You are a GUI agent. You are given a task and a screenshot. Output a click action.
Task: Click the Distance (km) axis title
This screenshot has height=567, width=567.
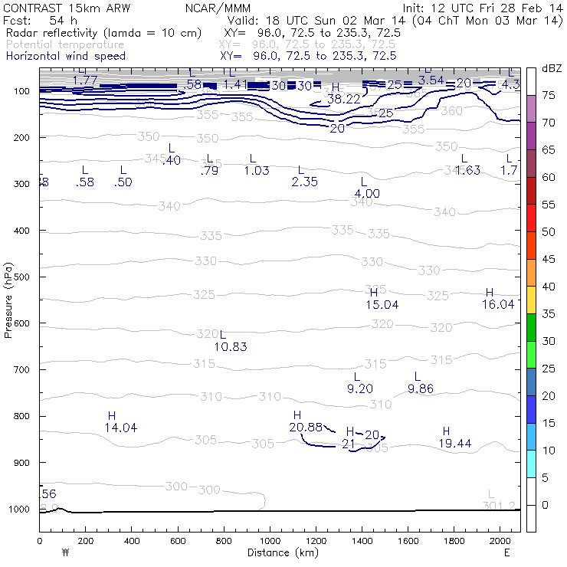pyautogui.click(x=279, y=552)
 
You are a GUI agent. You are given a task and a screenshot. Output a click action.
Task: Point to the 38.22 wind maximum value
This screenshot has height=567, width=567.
pyautogui.click(x=343, y=99)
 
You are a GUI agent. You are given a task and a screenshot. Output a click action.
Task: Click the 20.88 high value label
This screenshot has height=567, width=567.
pyautogui.click(x=306, y=427)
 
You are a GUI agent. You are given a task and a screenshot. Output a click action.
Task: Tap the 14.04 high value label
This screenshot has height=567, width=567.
pyautogui.click(x=120, y=428)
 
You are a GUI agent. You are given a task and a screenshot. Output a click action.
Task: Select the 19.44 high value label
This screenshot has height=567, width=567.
pyautogui.click(x=454, y=444)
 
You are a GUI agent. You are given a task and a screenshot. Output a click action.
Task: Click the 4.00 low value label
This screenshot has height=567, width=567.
pyautogui.click(x=367, y=194)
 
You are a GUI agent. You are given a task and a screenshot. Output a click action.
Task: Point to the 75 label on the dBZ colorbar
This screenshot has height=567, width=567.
pyautogui.click(x=549, y=96)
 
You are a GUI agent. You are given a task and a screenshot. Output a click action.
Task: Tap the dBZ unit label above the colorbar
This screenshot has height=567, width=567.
pyautogui.click(x=551, y=68)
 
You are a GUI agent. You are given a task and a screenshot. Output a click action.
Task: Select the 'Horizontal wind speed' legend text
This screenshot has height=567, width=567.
pyautogui.click(x=66, y=56)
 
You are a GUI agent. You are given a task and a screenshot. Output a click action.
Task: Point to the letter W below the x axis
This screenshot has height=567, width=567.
pyautogui.click(x=64, y=552)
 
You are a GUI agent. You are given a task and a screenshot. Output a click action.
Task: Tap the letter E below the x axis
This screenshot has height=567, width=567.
pyautogui.click(x=506, y=552)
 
